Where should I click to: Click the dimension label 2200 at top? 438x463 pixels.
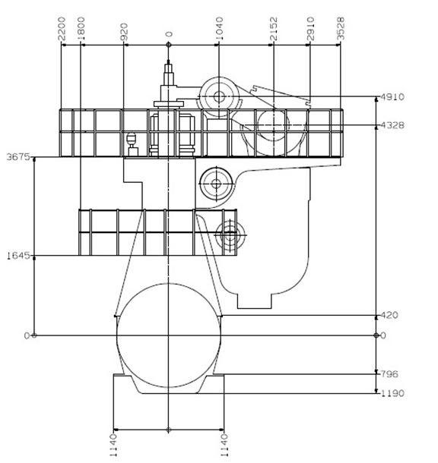tap(62, 29)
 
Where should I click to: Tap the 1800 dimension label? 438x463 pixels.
tap(81, 29)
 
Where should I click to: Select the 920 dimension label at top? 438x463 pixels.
tap(124, 32)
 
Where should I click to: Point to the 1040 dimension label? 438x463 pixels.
tap(219, 29)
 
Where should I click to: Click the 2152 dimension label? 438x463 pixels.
tap(274, 29)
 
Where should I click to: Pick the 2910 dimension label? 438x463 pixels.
tap(310, 29)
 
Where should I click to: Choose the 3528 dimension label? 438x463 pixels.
tap(341, 29)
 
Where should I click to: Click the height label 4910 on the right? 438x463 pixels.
tap(392, 97)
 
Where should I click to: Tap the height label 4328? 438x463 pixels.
tap(392, 125)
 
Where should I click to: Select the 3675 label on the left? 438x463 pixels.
tap(18, 157)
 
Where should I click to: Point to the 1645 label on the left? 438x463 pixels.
tap(18, 256)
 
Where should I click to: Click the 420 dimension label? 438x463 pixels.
tap(389, 315)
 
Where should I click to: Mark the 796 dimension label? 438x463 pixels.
tap(389, 374)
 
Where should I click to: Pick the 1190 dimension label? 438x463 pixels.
tap(392, 393)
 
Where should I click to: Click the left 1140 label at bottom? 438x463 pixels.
tap(114, 445)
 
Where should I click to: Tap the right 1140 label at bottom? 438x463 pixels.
tap(224, 445)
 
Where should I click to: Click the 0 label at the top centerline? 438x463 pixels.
tap(169, 34)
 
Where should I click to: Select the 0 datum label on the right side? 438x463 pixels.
tap(383, 335)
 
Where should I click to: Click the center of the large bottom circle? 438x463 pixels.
tap(169, 335)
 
